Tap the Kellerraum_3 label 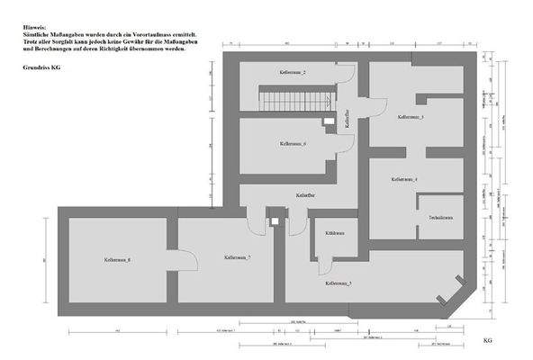(x=411, y=117)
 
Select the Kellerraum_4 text (x=404, y=180)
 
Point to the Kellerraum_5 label (x=339, y=283)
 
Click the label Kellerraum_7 (x=237, y=257)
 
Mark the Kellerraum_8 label (x=118, y=260)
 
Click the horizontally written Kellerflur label (x=304, y=195)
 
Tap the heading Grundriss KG (x=43, y=67)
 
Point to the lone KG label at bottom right (x=487, y=341)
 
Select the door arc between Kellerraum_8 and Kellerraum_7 (x=168, y=267)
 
